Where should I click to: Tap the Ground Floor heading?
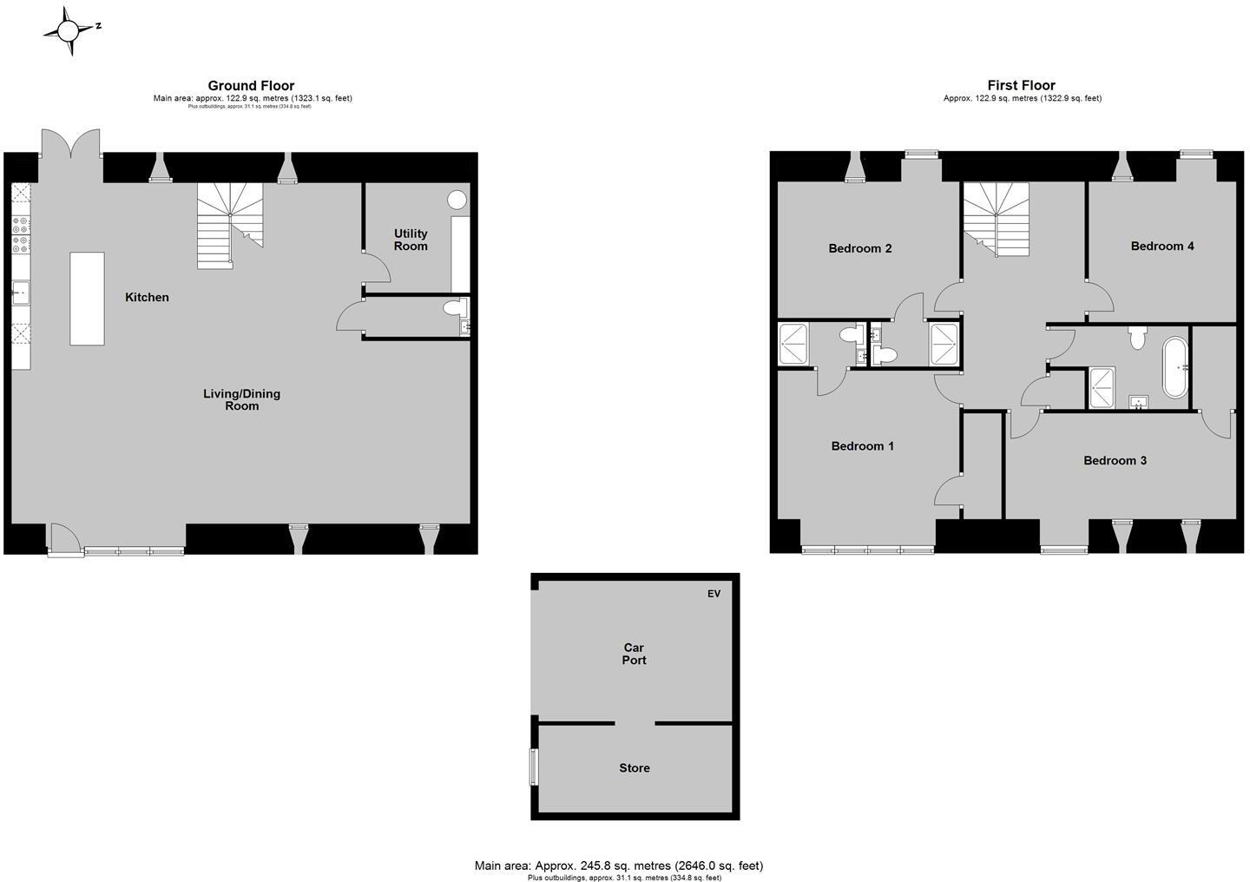(x=251, y=85)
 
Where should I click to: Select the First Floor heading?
(x=1021, y=85)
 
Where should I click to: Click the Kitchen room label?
(x=147, y=297)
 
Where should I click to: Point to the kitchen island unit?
(x=87, y=299)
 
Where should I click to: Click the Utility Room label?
(x=411, y=240)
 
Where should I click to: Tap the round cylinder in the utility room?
(x=457, y=200)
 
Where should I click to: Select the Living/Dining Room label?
(x=241, y=399)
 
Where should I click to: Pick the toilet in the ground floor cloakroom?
(x=453, y=308)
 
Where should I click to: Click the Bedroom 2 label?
(x=860, y=248)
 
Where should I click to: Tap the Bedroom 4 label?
(x=1162, y=246)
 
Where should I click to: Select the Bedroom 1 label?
(x=863, y=446)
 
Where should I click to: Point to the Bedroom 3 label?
(x=1115, y=460)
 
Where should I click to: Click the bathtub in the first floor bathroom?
(x=1174, y=367)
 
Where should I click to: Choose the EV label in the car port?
(x=714, y=594)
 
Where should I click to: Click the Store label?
(x=635, y=768)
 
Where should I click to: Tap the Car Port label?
(x=635, y=654)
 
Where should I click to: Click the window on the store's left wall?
(x=535, y=767)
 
